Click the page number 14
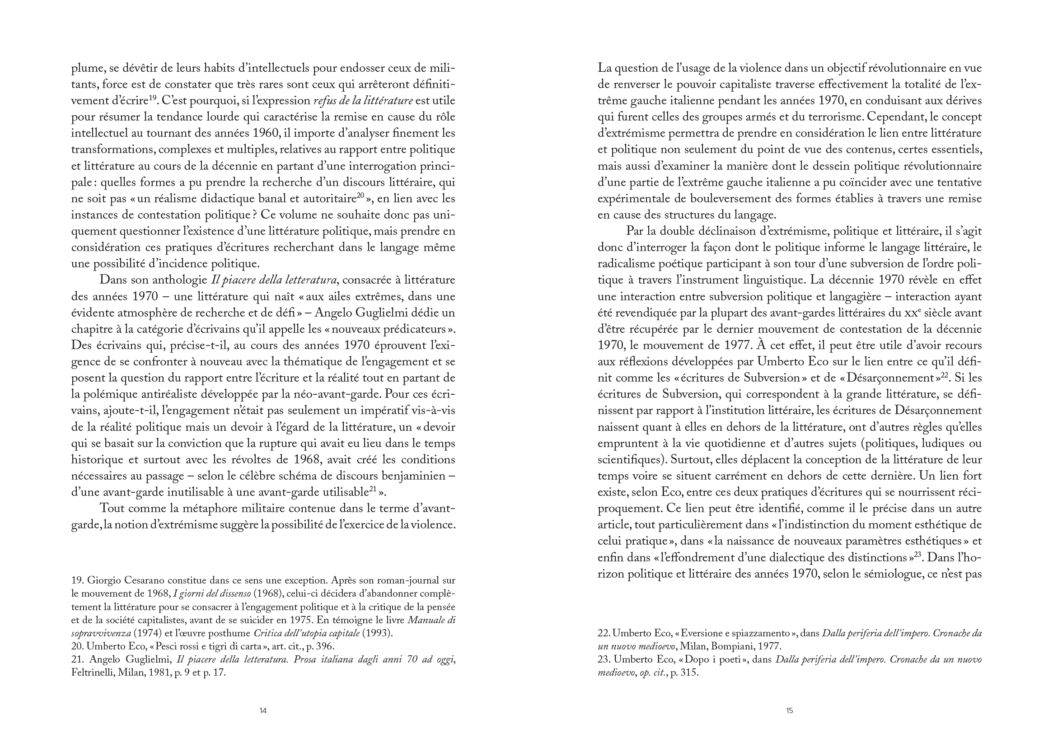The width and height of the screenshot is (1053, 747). pyautogui.click(x=262, y=711)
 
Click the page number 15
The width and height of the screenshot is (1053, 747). pyautogui.click(x=789, y=711)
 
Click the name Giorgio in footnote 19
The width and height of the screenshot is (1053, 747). pyautogui.click(x=104, y=581)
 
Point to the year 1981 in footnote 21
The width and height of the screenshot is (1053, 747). pyautogui.click(x=160, y=672)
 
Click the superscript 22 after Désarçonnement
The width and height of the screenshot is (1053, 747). pyautogui.click(x=945, y=375)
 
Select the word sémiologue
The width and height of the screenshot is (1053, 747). pyautogui.click(x=898, y=574)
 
